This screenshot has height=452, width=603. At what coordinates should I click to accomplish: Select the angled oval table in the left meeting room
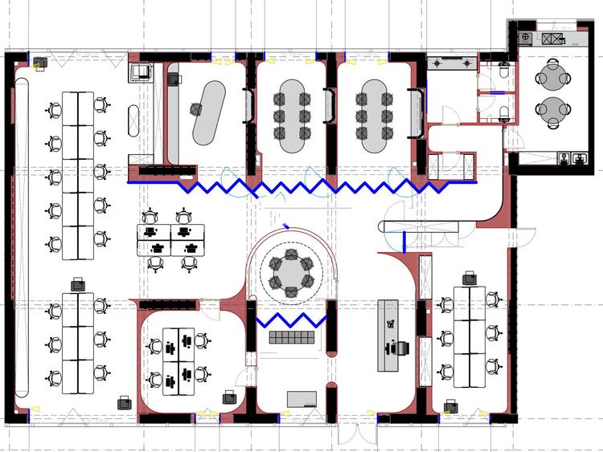pyautogui.click(x=208, y=107)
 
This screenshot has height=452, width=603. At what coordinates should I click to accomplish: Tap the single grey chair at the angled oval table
pyautogui.click(x=196, y=109)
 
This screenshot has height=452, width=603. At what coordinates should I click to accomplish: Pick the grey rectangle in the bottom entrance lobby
pyautogui.click(x=301, y=398)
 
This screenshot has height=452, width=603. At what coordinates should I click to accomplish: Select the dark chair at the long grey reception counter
pyautogui.click(x=400, y=349)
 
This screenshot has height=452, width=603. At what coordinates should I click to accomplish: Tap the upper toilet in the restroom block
pyautogui.click(x=503, y=71)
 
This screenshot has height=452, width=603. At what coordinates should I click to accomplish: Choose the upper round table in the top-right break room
pyautogui.click(x=553, y=77)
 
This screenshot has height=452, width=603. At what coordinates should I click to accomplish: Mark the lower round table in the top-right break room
pyautogui.click(x=553, y=109)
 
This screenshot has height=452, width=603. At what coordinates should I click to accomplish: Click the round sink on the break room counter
pyautogui.click(x=526, y=37)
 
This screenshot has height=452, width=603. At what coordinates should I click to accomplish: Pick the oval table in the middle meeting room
pyautogui.click(x=292, y=116)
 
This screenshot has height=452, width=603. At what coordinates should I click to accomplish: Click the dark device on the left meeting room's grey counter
pyautogui.click(x=172, y=78)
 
